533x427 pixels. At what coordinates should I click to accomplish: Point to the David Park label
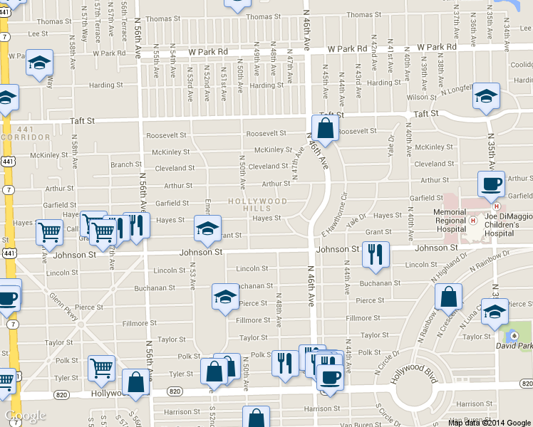(517, 346)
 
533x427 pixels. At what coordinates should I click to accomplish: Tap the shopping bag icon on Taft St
(325, 130)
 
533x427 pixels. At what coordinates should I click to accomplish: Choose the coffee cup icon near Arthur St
(491, 185)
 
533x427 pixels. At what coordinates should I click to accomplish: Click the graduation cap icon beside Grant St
(207, 228)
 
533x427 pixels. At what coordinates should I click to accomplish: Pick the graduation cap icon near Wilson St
(487, 96)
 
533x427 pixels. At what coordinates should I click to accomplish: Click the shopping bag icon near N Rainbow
(449, 297)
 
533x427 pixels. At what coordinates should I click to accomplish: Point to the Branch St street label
(126, 164)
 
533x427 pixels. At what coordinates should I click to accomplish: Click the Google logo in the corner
(25, 416)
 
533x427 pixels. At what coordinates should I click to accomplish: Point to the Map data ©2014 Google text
(490, 423)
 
